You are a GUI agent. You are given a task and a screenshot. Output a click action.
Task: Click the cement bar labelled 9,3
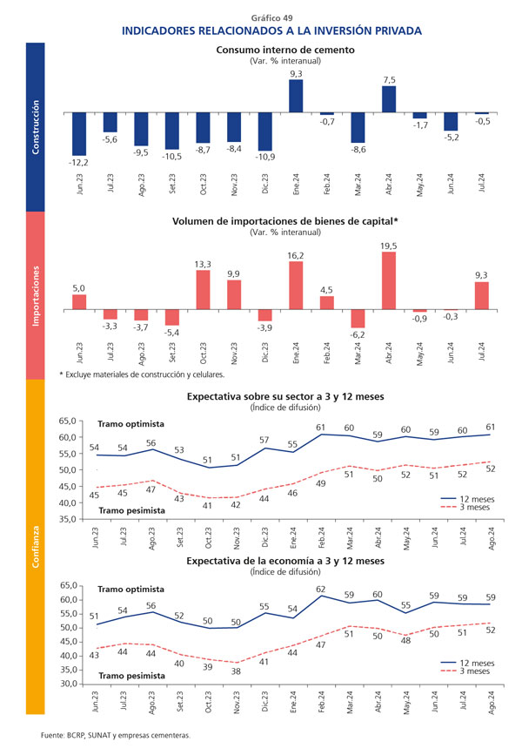coord(296,98)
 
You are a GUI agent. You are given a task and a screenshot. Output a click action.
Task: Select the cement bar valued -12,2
coord(79,133)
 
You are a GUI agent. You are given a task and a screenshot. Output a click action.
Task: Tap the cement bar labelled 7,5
coord(389,99)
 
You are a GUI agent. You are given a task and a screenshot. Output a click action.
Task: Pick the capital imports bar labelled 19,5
coord(389,280)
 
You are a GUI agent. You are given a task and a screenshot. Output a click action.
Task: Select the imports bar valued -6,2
coord(358,319)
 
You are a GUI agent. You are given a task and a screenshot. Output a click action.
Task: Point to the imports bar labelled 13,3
coord(204,289)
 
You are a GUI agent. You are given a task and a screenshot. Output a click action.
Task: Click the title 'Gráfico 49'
coord(271,17)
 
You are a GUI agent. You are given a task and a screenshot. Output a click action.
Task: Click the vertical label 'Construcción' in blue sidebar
coord(36,127)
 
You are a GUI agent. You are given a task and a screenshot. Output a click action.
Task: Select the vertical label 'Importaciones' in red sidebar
coord(36,296)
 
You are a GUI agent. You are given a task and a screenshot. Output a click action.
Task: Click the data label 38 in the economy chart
coord(235,671)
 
